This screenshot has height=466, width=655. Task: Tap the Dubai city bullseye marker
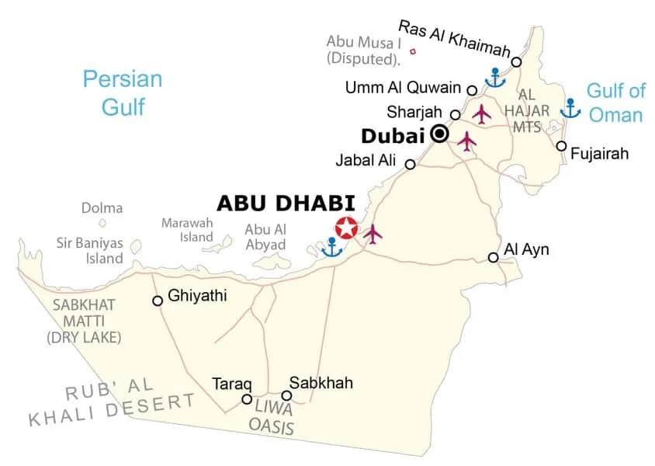pos(440,134)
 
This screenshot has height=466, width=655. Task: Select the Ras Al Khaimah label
pos(454,38)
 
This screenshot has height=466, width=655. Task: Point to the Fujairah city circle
pos(561,146)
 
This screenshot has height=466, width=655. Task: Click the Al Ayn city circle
pos(493,257)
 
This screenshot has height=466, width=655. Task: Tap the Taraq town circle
pos(247,399)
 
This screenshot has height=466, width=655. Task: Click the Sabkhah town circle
pos(286,395)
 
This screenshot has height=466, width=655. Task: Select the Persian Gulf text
pos(123,92)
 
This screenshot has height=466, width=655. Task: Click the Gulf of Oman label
pos(615,103)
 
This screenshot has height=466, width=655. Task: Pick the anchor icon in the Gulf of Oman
pos(570,108)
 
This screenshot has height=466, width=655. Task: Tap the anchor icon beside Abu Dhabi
pos(332,247)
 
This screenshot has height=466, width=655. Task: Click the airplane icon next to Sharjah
pos(482,113)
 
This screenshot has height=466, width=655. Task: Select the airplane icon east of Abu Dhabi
pos(373,232)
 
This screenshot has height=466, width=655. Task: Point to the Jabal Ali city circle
pos(411,164)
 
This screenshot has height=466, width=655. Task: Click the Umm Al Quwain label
pos(404,89)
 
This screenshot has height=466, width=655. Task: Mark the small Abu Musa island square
pos(412,52)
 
